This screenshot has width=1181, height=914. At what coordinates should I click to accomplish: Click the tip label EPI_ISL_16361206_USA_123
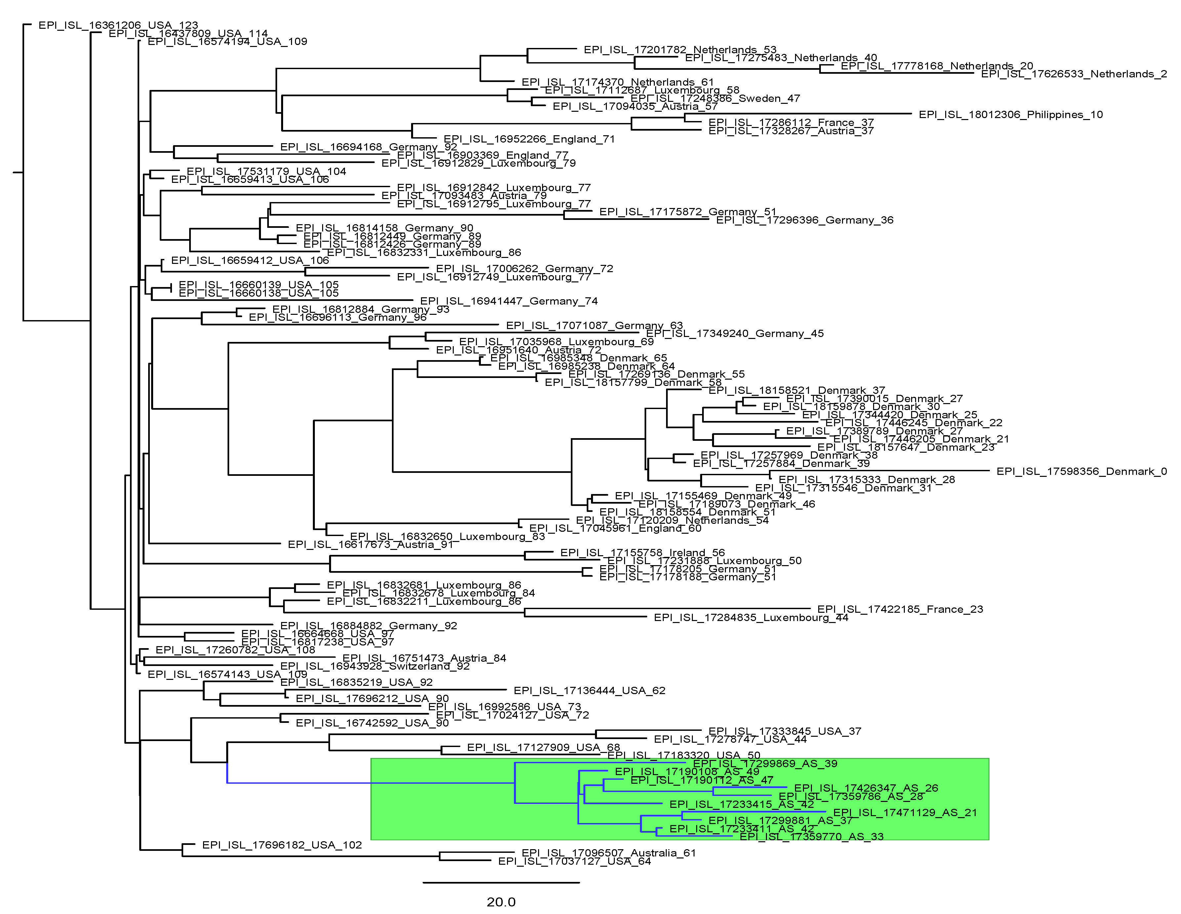coord(118,25)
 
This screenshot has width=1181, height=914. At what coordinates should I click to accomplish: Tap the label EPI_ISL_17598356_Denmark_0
coord(1081,472)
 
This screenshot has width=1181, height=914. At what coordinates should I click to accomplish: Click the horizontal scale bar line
coord(501,883)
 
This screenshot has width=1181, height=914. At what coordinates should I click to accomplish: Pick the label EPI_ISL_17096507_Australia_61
coord(608,853)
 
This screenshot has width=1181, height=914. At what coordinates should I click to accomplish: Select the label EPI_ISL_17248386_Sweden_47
coord(715,99)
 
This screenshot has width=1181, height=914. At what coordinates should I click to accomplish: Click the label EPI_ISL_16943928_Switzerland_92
coord(375,666)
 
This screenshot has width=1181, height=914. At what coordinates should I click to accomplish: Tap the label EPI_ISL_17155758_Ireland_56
coord(642,553)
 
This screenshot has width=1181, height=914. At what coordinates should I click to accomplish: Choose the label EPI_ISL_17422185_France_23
coord(900,609)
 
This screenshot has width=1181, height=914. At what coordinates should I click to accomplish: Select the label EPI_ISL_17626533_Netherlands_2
coord(1074,74)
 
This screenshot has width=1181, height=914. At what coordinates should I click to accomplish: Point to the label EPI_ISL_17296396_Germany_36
coord(805,220)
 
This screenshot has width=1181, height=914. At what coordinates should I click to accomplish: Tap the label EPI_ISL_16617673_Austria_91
coord(370,545)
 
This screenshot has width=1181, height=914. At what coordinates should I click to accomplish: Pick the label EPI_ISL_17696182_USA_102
coord(282,845)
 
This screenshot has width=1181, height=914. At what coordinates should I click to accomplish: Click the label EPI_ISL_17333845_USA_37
coord(784,731)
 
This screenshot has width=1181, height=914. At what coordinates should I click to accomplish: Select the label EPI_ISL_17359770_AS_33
coord(811,837)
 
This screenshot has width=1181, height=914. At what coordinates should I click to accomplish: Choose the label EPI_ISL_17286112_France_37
coord(791,123)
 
